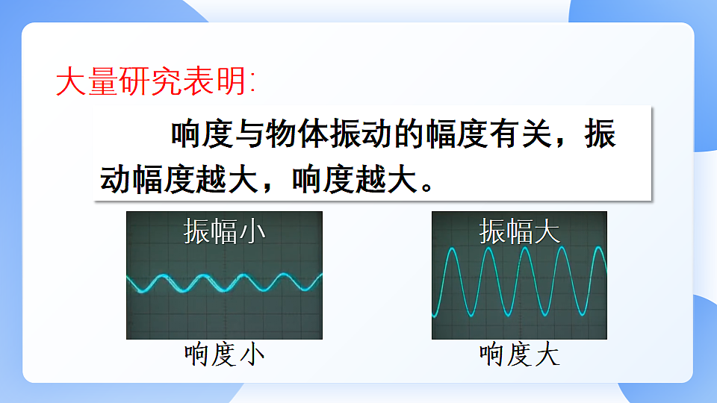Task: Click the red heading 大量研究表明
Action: click(x=155, y=81)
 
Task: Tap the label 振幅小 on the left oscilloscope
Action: click(x=224, y=231)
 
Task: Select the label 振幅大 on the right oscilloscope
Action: click(x=519, y=231)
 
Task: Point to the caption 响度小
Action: click(x=224, y=354)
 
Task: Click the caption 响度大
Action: click(x=519, y=354)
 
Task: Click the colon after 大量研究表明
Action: click(x=252, y=83)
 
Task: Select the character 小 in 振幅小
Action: click(x=252, y=231)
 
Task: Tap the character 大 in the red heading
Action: click(x=70, y=81)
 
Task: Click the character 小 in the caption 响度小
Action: click(x=251, y=354)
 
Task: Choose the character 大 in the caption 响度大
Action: click(x=547, y=354)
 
